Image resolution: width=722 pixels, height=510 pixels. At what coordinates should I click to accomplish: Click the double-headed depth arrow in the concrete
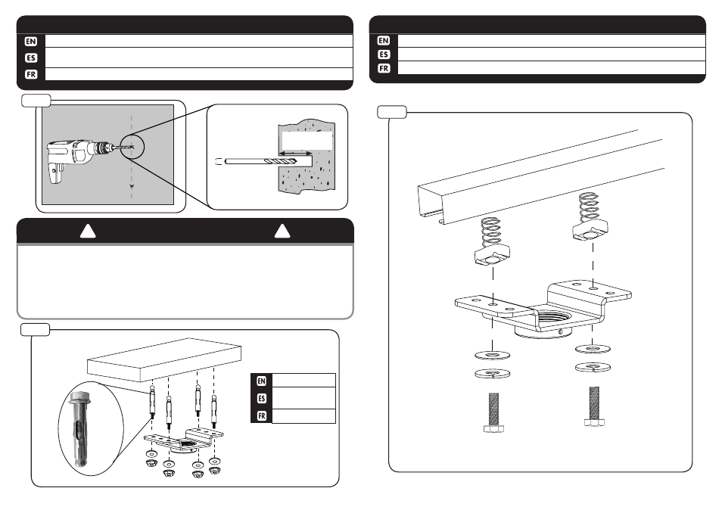click(x=296, y=152)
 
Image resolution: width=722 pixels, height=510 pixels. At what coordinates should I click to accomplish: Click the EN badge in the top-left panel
click(x=30, y=41)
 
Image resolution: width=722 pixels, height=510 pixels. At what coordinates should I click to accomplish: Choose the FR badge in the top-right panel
click(x=384, y=68)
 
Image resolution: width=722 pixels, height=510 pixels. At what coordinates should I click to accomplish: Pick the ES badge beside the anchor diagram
click(x=261, y=398)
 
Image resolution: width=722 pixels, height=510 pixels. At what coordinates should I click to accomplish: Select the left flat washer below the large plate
click(x=493, y=354)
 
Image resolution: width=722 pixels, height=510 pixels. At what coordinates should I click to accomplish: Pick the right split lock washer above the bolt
click(x=590, y=367)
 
